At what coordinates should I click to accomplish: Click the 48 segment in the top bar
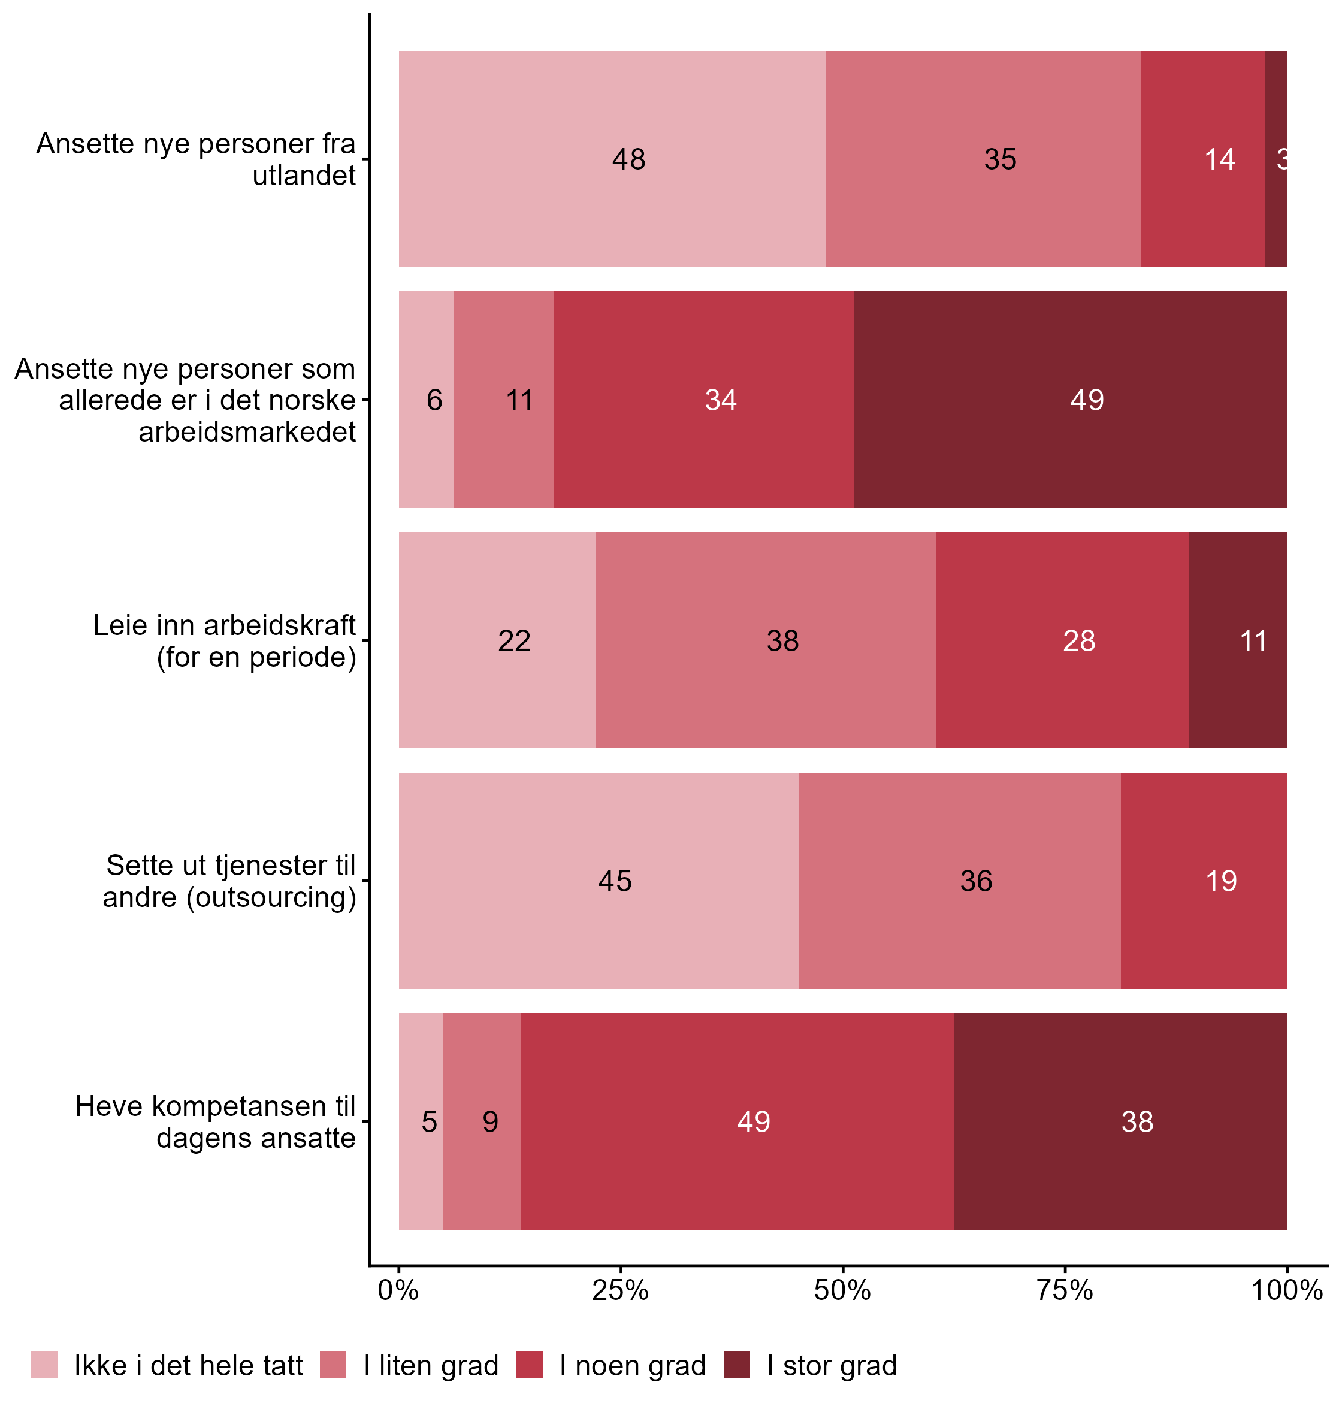pyautogui.click(x=612, y=159)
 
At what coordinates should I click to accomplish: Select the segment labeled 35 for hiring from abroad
pyautogui.click(x=984, y=159)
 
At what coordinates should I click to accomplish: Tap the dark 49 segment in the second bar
pyautogui.click(x=1071, y=399)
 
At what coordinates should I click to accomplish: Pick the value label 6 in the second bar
pyautogui.click(x=434, y=400)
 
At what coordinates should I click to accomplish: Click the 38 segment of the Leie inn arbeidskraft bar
pyautogui.click(x=766, y=640)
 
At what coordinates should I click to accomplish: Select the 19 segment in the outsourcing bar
pyautogui.click(x=1204, y=881)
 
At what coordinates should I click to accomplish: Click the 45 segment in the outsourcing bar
pyautogui.click(x=599, y=881)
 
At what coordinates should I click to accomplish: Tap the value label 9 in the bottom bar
pyautogui.click(x=490, y=1121)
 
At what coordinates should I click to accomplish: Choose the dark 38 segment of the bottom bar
pyautogui.click(x=1121, y=1121)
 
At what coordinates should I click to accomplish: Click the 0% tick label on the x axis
pyautogui.click(x=398, y=1290)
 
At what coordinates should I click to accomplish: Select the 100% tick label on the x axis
pyautogui.click(x=1286, y=1290)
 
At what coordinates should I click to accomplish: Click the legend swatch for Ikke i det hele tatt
pyautogui.click(x=44, y=1365)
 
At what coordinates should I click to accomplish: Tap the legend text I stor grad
pyautogui.click(x=831, y=1365)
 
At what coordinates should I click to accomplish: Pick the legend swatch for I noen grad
pyautogui.click(x=530, y=1365)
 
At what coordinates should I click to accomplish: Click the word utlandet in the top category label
pyautogui.click(x=304, y=176)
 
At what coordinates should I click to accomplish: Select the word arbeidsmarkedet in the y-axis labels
pyautogui.click(x=247, y=432)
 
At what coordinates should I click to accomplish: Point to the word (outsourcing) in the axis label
pyautogui.click(x=272, y=897)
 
